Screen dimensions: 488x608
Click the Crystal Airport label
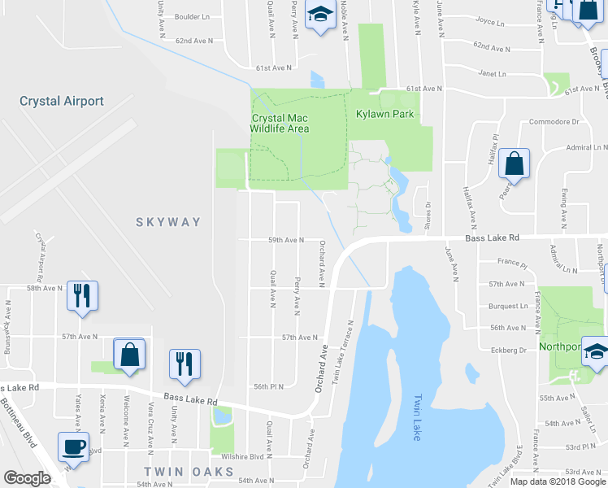pos(62,101)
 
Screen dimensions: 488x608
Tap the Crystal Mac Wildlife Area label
pos(280,122)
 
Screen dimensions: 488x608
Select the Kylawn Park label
pos(385,114)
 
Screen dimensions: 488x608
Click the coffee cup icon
pos(73,447)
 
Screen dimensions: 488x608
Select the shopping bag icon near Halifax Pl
pos(514,164)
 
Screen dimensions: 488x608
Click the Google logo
pos(27,478)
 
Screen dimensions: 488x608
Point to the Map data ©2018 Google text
pos(558,481)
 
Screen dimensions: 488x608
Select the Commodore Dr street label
pos(552,122)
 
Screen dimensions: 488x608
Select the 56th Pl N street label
pos(267,386)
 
